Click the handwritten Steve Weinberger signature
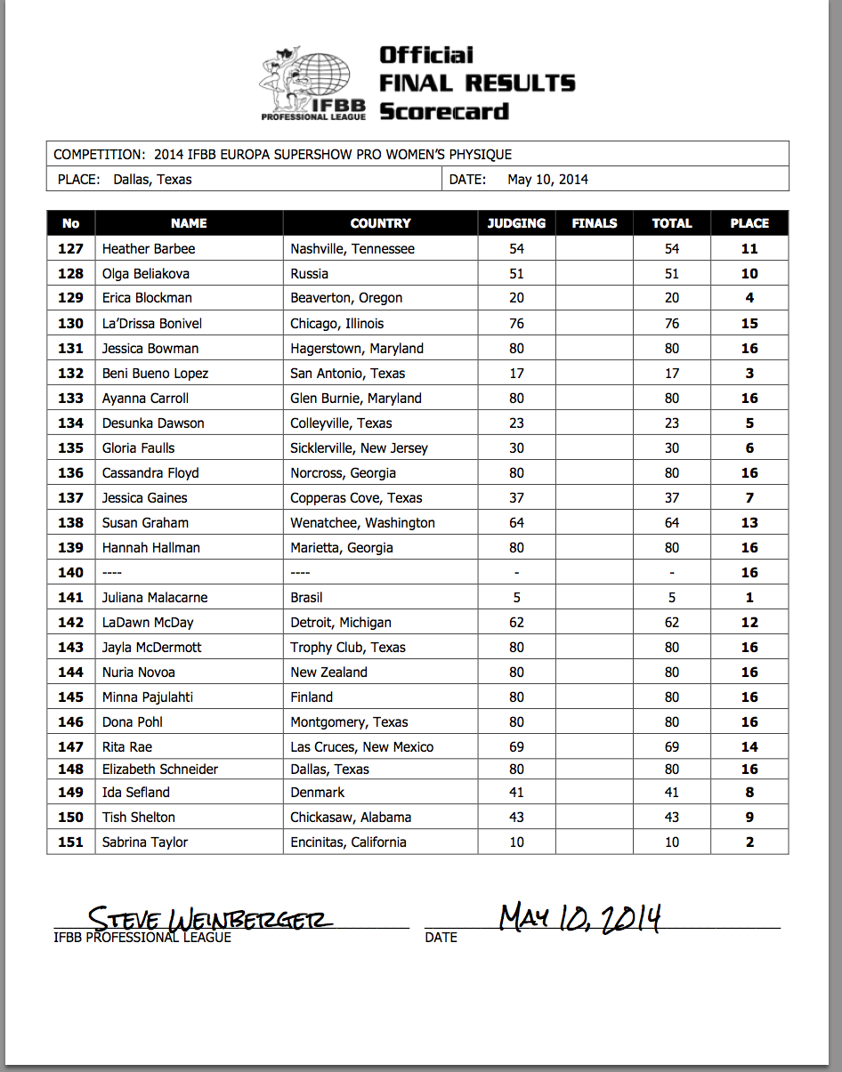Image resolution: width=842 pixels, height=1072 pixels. click(x=210, y=918)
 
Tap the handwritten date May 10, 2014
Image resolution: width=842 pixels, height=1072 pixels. click(x=579, y=916)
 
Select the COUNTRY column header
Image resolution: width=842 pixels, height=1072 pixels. click(x=380, y=223)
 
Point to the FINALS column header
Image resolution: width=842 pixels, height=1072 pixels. click(x=594, y=223)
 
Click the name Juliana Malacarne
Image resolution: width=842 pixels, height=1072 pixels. click(x=155, y=598)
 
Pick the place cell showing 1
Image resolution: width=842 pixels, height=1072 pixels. click(x=749, y=598)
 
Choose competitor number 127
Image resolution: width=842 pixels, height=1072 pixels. click(x=70, y=249)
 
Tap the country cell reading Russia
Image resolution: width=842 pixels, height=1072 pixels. click(x=310, y=274)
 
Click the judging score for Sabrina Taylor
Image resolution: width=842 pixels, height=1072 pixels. click(x=516, y=842)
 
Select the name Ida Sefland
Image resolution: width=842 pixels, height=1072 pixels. click(x=136, y=792)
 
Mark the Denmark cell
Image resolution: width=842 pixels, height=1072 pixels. click(x=317, y=792)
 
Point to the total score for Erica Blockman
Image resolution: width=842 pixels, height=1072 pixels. click(x=671, y=298)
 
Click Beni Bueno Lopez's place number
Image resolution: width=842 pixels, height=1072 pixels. click(x=749, y=374)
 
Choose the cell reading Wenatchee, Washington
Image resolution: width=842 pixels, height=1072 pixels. click(x=362, y=523)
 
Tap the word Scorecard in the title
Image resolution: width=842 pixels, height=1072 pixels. click(x=444, y=111)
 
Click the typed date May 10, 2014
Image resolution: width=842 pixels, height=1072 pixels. click(x=547, y=180)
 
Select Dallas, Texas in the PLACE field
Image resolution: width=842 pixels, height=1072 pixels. click(x=152, y=180)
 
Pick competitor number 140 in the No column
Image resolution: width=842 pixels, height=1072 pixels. click(x=70, y=573)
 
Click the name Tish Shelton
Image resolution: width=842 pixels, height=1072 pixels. click(x=139, y=817)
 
